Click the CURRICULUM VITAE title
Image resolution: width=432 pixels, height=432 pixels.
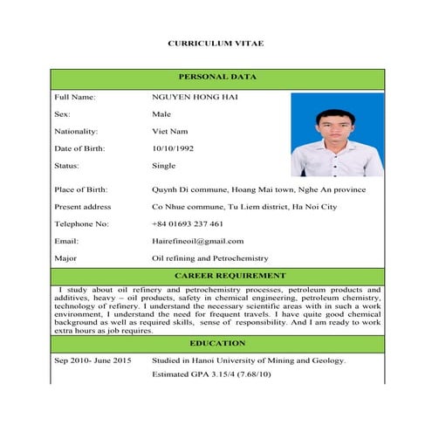click(x=215, y=43)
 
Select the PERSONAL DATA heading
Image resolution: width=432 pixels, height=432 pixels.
click(x=216, y=77)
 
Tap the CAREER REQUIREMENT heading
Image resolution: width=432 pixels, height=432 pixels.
click(x=216, y=274)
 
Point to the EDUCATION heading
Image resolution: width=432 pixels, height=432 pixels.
click(x=216, y=343)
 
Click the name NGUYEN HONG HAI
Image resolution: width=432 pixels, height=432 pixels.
click(x=195, y=96)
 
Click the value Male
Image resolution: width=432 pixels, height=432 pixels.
click(x=161, y=113)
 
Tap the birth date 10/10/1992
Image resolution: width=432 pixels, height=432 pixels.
click(x=173, y=148)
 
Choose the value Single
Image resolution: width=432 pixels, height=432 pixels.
click(x=163, y=166)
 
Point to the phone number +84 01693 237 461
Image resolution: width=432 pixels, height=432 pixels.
click(x=187, y=223)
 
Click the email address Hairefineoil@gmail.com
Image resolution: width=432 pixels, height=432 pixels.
click(x=197, y=241)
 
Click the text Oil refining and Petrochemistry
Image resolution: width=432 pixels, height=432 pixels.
click(x=209, y=258)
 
